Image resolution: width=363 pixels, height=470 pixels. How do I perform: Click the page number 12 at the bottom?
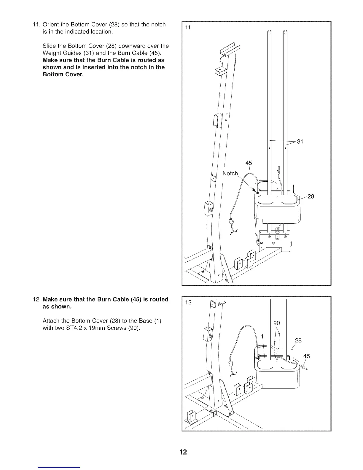click(x=183, y=452)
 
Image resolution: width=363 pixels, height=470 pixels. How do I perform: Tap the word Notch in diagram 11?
click(x=230, y=174)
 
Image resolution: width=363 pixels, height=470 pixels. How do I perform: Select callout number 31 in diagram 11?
click(x=300, y=142)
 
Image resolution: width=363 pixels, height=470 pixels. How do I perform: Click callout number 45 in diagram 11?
click(x=249, y=163)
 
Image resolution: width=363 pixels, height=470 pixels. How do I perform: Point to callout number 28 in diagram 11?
click(x=311, y=196)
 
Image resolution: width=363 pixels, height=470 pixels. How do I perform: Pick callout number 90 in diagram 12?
click(x=277, y=323)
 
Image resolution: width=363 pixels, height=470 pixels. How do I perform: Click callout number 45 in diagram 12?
click(x=306, y=356)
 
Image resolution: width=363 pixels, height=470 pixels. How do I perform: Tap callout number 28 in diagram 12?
click(x=298, y=340)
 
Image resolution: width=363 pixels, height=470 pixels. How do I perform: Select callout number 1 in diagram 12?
click(x=262, y=336)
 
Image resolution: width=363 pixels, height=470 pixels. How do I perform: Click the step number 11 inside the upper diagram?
click(x=187, y=28)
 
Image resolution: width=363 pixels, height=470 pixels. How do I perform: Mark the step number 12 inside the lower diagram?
click(x=188, y=303)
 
